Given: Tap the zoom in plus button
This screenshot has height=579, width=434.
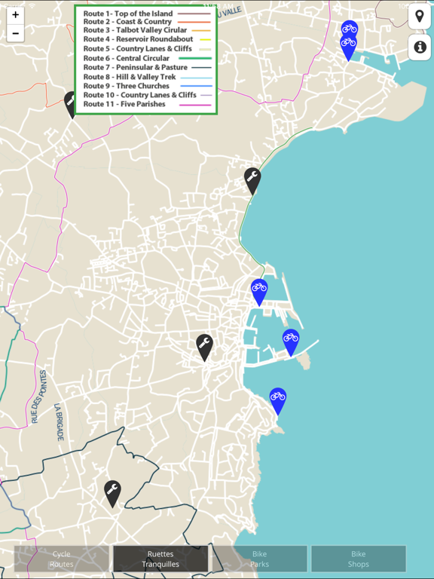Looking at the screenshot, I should (x=15, y=15).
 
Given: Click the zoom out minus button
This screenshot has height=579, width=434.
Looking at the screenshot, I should (x=15, y=33).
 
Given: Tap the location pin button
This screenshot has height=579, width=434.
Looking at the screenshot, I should (x=420, y=17).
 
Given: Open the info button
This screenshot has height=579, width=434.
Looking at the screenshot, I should (x=420, y=47).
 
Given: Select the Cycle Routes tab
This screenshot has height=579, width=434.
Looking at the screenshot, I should (x=62, y=559).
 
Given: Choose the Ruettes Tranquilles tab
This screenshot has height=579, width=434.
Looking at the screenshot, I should (x=160, y=559).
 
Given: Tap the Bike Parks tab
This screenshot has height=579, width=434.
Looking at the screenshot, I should (x=259, y=559).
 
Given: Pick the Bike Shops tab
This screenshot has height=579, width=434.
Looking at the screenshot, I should (x=359, y=559).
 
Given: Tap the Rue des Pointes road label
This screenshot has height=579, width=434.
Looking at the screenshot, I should (x=38, y=396).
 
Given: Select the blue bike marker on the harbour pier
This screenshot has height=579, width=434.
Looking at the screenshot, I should (x=291, y=340).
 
